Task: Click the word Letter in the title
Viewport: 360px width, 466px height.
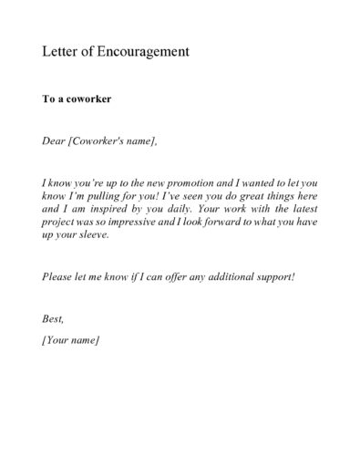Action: pyautogui.click(x=58, y=52)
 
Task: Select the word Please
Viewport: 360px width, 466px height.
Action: pyautogui.click(x=59, y=276)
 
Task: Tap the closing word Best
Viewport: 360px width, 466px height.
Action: pyautogui.click(x=55, y=319)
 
